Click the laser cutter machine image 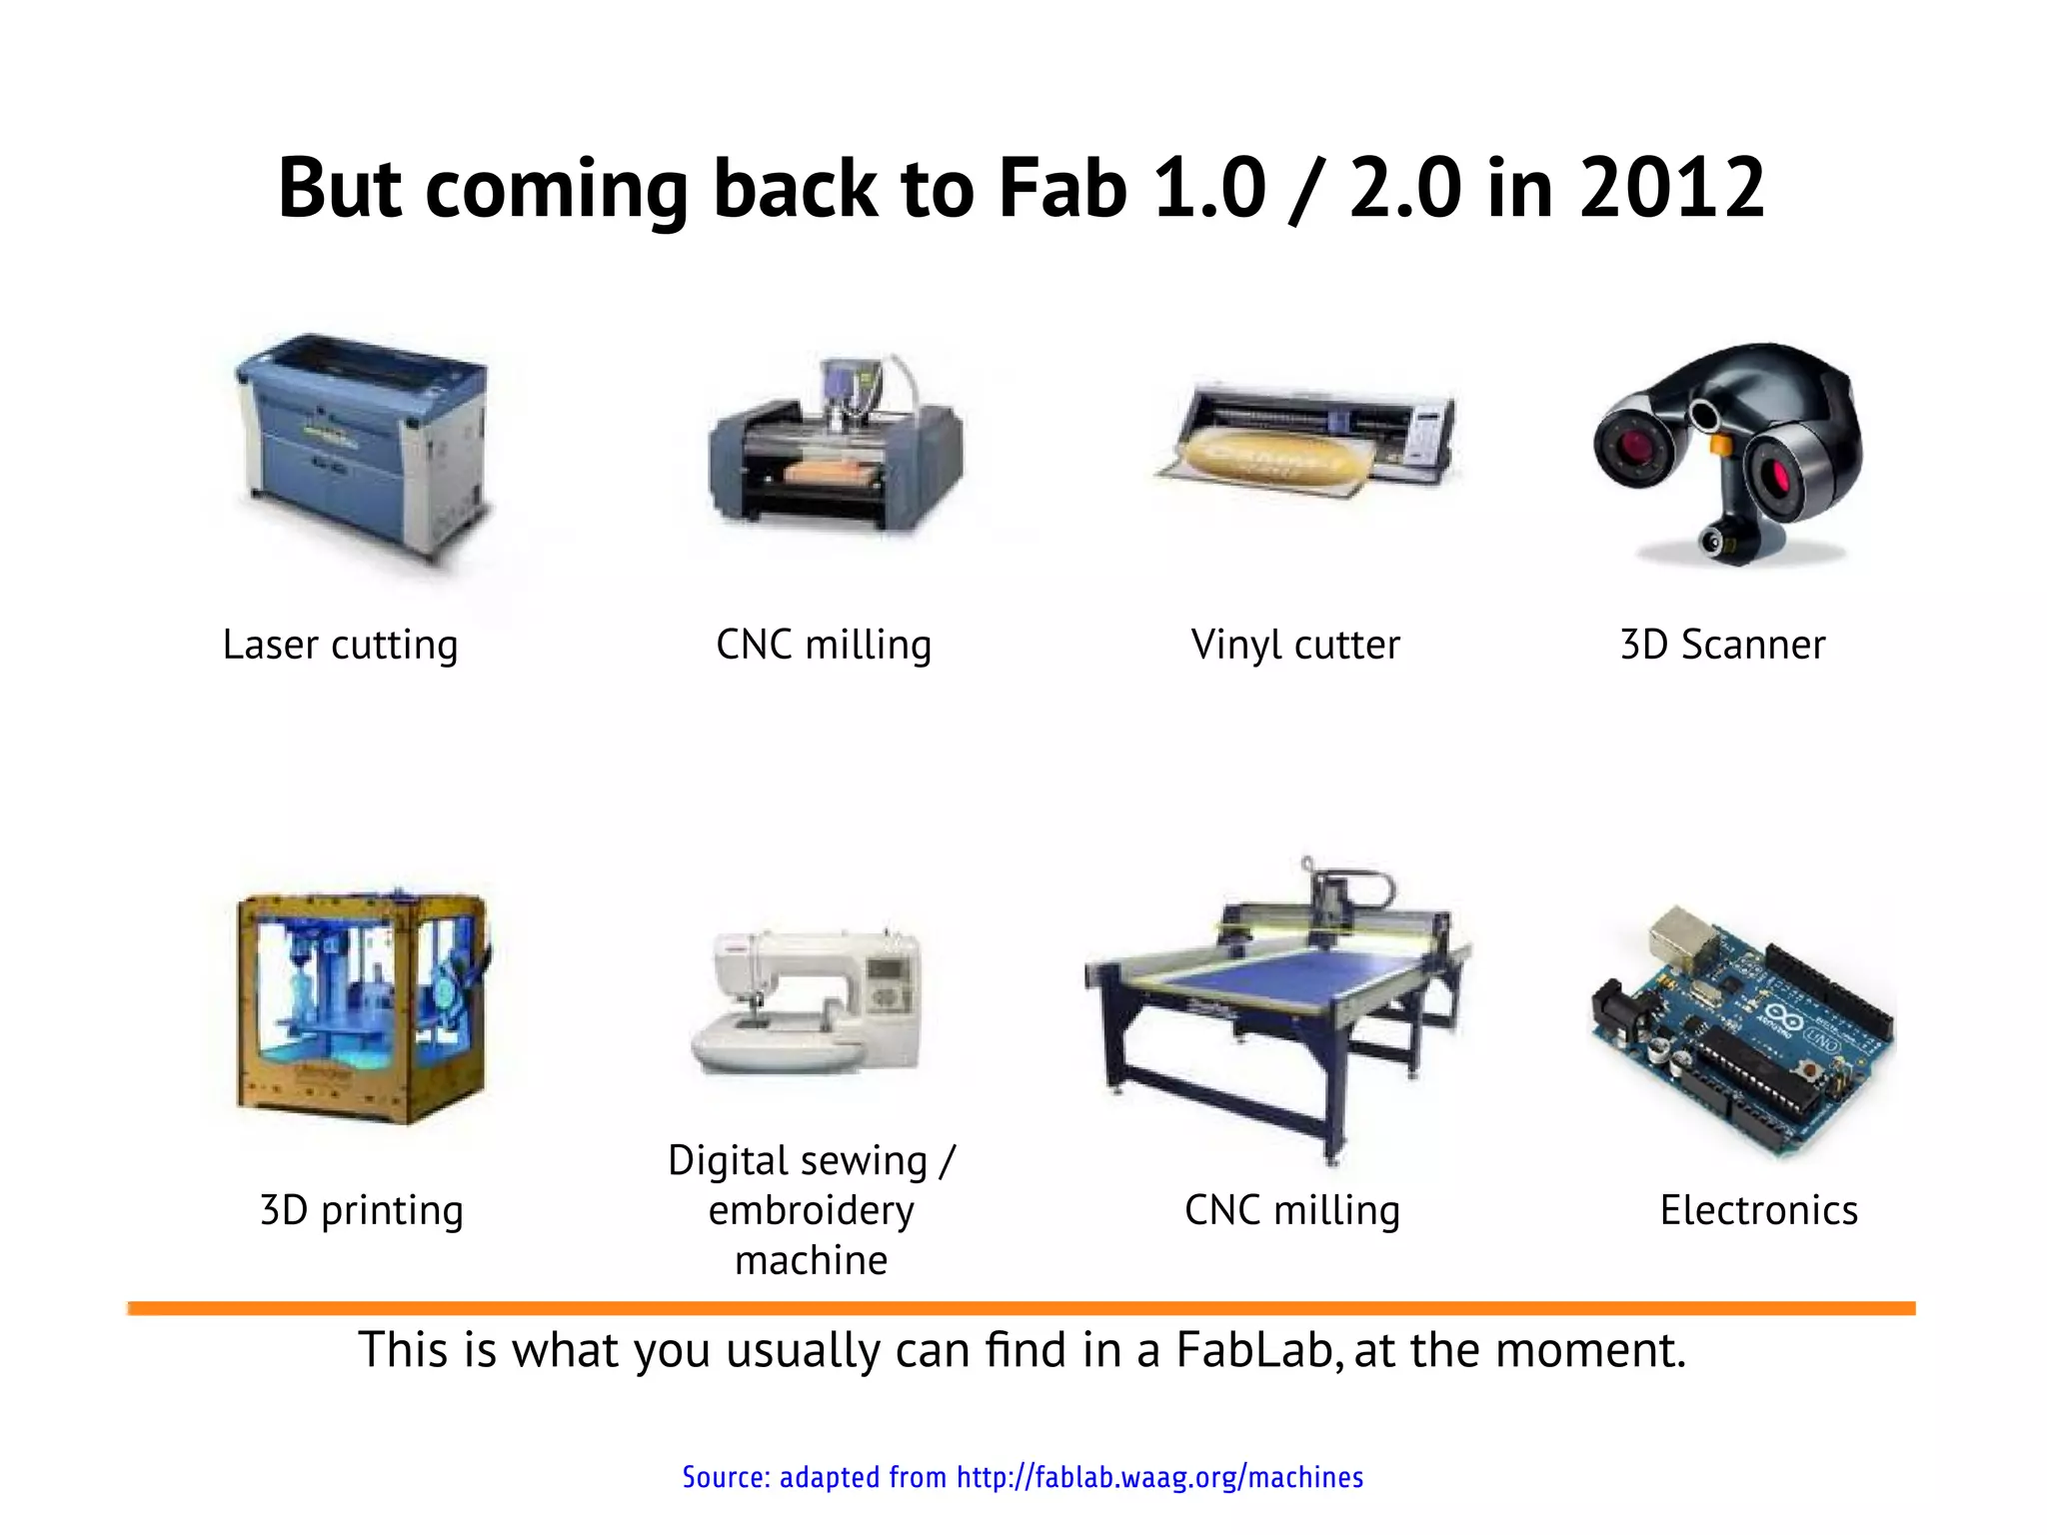pos(362,445)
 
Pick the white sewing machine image pos(808,999)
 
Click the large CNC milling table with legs pos(1279,1009)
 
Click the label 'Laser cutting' pos(340,645)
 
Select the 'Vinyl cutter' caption pos(1295,645)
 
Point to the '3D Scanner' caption pos(1722,645)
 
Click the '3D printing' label pos(361,1210)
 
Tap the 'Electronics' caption pos(1758,1210)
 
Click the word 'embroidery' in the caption pos(811,1210)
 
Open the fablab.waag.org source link pos(1159,1477)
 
